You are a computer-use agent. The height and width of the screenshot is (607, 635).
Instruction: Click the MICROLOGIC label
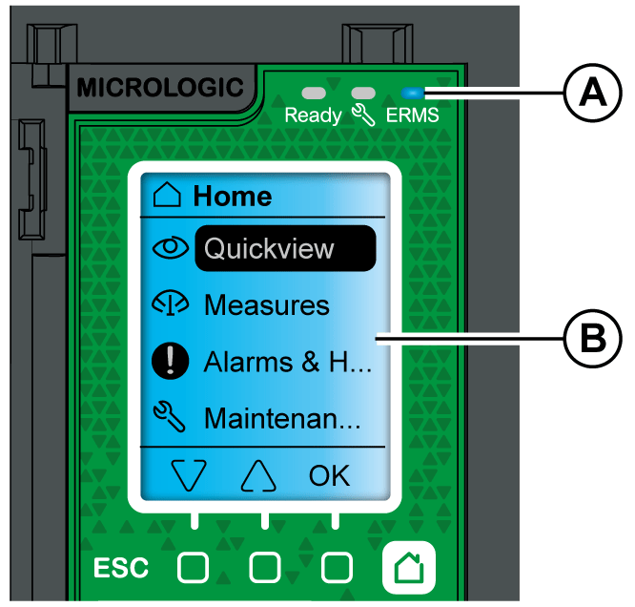coord(159,88)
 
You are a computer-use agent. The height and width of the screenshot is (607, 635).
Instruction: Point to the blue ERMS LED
coord(412,94)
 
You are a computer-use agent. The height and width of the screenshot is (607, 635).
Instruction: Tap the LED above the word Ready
coord(314,94)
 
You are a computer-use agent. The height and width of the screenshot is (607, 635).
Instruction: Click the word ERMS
coord(412,116)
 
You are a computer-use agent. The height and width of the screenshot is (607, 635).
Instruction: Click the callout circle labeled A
coord(592,94)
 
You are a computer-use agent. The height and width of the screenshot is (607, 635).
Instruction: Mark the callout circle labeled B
coord(592,338)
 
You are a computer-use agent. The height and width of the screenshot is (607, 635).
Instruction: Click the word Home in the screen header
coord(233,197)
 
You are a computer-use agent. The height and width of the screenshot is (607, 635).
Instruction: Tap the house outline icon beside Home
coord(167,197)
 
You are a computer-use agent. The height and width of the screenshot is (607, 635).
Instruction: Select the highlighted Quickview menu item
coord(284,249)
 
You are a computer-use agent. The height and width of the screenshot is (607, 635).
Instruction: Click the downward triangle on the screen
coord(191,475)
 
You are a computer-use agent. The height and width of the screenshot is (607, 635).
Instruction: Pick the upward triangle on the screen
coord(258,475)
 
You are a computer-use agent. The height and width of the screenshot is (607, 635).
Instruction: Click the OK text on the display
coord(329,474)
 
